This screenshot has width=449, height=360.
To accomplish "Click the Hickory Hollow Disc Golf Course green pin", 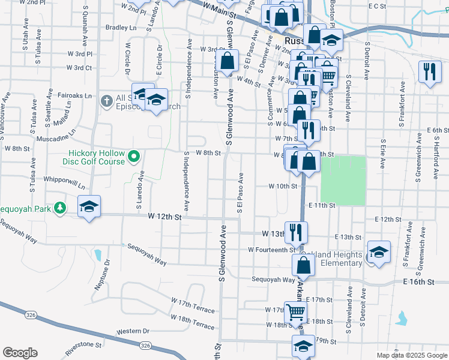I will pyautogui.click(x=134, y=157).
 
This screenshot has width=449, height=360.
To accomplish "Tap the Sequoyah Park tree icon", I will pyautogui.click(x=60, y=208).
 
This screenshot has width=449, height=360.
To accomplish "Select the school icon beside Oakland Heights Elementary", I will pyautogui.click(x=379, y=253).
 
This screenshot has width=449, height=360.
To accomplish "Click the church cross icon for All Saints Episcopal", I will pyautogui.click(x=107, y=100).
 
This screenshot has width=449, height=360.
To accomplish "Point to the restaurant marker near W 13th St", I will pyautogui.click(x=296, y=232).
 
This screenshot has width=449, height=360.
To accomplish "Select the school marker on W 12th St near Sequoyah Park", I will pyautogui.click(x=89, y=207).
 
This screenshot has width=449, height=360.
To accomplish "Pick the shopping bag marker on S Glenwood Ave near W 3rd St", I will pyautogui.click(x=228, y=61).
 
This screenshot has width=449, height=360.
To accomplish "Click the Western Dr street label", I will pyautogui.click(x=133, y=331).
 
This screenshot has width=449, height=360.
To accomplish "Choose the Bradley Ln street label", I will pyautogui.click(x=121, y=28).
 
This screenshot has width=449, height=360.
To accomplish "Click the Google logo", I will pyautogui.click(x=20, y=353).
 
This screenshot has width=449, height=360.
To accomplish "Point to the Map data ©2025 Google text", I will pyautogui.click(x=411, y=355).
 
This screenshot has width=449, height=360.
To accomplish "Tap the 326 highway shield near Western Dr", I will pyautogui.click(x=145, y=345).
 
